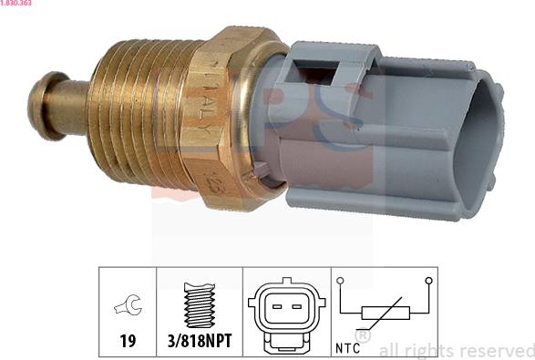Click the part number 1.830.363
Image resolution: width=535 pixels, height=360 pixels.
[x=17, y=5]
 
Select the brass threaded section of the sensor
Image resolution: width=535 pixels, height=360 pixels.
[x=137, y=115]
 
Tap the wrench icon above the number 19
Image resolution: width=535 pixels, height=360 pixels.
[x=127, y=308]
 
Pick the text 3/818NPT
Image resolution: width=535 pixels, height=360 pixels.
[x=200, y=342]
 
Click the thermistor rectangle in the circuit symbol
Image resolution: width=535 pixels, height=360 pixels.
[x=384, y=313]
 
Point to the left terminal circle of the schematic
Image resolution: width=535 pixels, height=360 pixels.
[x=340, y=281]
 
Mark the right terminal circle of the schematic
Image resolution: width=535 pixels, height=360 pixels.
[x=426, y=281]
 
